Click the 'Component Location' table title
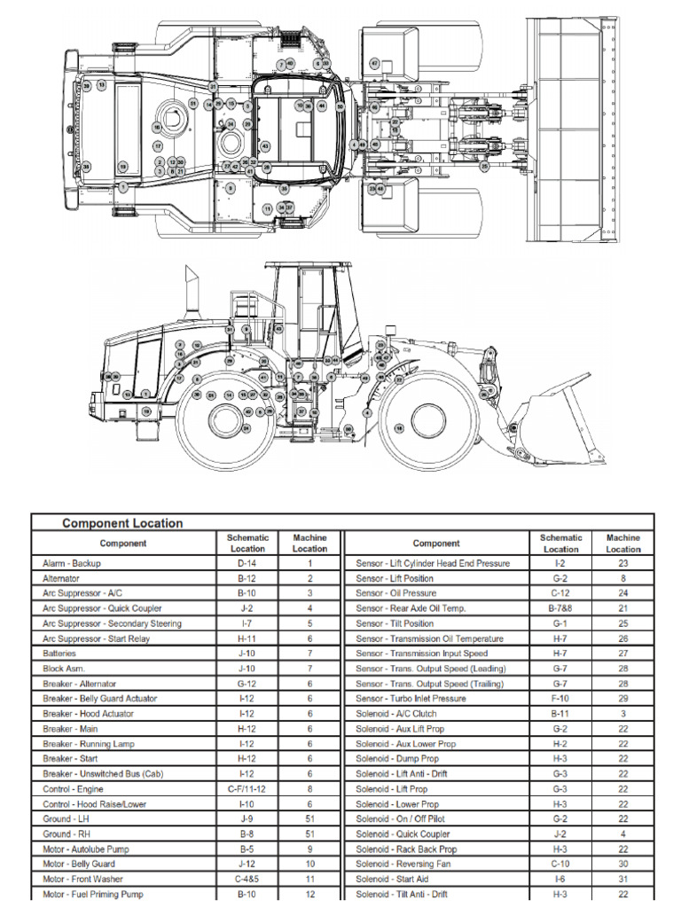tap(122, 523)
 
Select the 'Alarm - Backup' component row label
tap(72, 563)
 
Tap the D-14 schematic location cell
tap(247, 563)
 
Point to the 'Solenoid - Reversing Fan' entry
tap(403, 864)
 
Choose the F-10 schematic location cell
tap(560, 699)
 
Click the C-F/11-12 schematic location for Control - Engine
tap(247, 788)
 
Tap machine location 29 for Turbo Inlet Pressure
tap(622, 699)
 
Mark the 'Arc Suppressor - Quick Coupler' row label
tap(99, 608)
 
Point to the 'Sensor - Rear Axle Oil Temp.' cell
tap(411, 608)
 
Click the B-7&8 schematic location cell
tap(560, 608)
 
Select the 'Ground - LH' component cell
tap(65, 818)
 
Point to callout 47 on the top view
tap(374, 64)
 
